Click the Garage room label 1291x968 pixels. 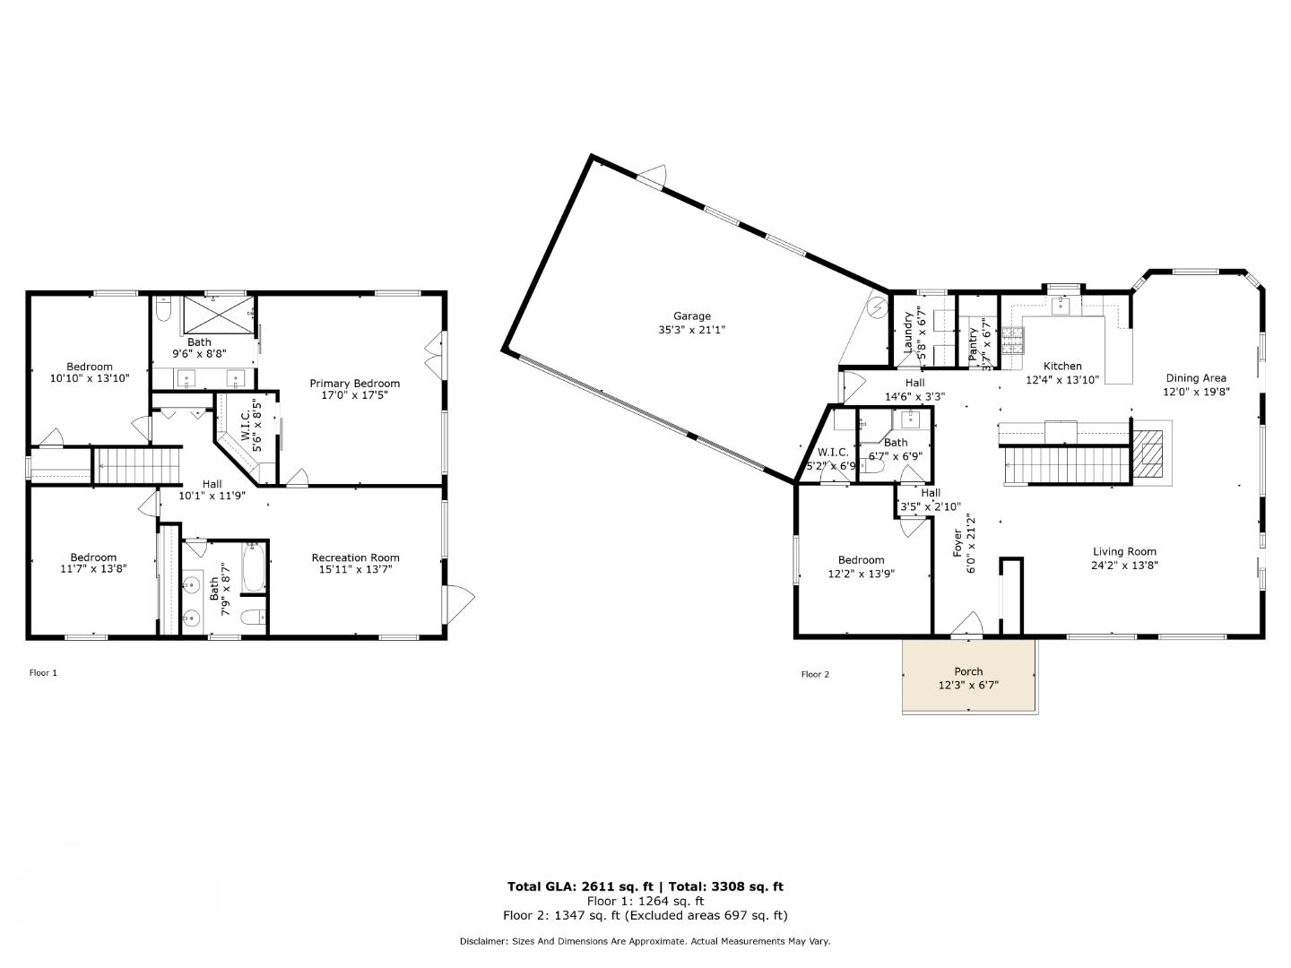pyautogui.click(x=691, y=315)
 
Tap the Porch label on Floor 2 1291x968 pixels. pyautogui.click(x=968, y=671)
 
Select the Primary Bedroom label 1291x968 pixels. pyautogui.click(x=354, y=384)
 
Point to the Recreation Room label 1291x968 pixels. pyautogui.click(x=355, y=557)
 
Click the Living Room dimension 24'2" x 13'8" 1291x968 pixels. pyautogui.click(x=1123, y=565)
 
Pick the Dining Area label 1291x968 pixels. pyautogui.click(x=1195, y=378)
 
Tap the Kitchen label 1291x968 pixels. pyautogui.click(x=1062, y=366)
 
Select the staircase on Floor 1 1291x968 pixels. pyautogui.click(x=138, y=466)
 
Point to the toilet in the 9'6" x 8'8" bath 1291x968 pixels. pyautogui.click(x=163, y=310)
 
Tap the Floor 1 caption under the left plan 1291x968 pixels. pyautogui.click(x=43, y=672)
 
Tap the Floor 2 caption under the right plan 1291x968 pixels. pyautogui.click(x=815, y=674)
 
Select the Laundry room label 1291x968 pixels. pyautogui.click(x=909, y=333)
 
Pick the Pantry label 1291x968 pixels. pyautogui.click(x=974, y=341)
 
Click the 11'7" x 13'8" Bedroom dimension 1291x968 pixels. pyautogui.click(x=93, y=568)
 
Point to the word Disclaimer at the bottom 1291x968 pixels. pyautogui.click(x=483, y=941)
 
